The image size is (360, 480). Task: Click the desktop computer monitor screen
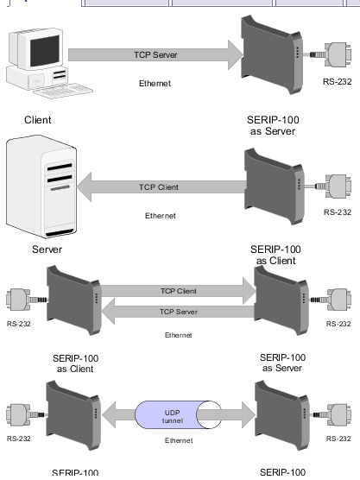pyautogui.click(x=45, y=51)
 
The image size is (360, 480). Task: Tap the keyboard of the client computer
pyautogui.click(x=63, y=91)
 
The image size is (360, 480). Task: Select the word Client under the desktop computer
pyautogui.click(x=38, y=120)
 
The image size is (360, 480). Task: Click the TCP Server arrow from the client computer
pyautogui.click(x=155, y=54)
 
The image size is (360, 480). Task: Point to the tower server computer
pyautogui.click(x=41, y=186)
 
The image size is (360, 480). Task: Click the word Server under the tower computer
pyautogui.click(x=47, y=249)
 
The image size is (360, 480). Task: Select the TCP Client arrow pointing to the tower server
pyautogui.click(x=161, y=186)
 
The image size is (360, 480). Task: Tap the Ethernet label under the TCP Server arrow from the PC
pyautogui.click(x=155, y=83)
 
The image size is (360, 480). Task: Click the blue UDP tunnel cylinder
pyautogui.click(x=178, y=414)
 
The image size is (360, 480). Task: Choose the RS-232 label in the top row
pyautogui.click(x=337, y=82)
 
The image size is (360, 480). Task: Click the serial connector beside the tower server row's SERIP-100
pyautogui.click(x=333, y=186)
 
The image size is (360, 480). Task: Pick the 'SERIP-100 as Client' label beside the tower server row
pyautogui.click(x=275, y=255)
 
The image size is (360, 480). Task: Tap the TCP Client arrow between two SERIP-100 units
pyautogui.click(x=179, y=291)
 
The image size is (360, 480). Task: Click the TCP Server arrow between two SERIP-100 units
pyautogui.click(x=178, y=312)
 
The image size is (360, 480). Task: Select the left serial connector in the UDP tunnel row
pyautogui.click(x=26, y=415)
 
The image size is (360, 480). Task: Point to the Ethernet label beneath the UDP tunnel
pyautogui.click(x=179, y=440)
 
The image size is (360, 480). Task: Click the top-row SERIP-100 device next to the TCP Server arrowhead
pyautogui.click(x=272, y=54)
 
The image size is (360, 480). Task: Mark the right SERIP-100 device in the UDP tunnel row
pyautogui.click(x=282, y=415)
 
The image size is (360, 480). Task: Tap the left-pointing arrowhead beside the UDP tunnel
pyautogui.click(x=110, y=414)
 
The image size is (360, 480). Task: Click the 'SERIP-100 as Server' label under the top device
pyautogui.click(x=273, y=125)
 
